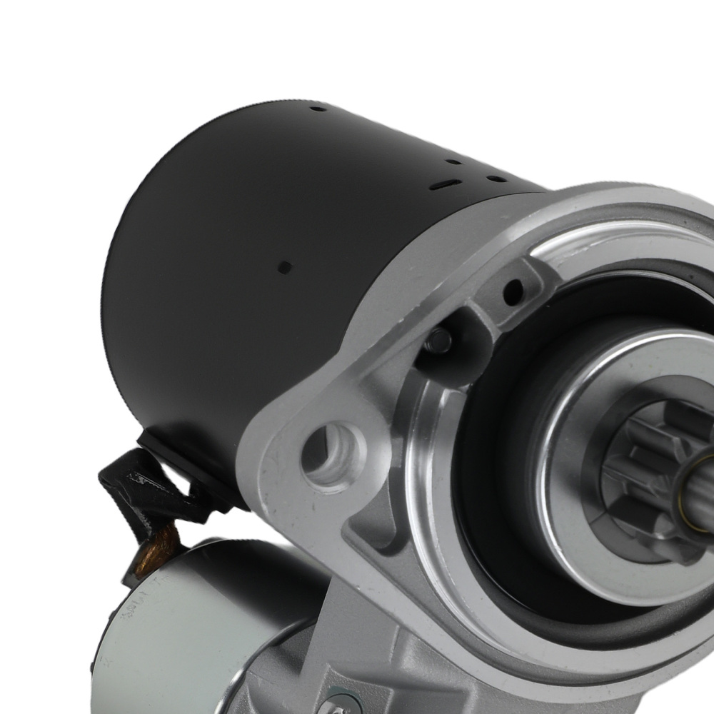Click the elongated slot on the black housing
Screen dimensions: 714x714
point(441,185)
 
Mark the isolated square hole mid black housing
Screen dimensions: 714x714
point(283,268)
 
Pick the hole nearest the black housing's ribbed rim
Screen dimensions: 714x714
point(318,109)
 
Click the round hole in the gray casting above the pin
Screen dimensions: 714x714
point(512,291)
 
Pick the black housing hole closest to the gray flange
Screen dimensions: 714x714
point(493,178)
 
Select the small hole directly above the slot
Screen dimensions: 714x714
point(453,162)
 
